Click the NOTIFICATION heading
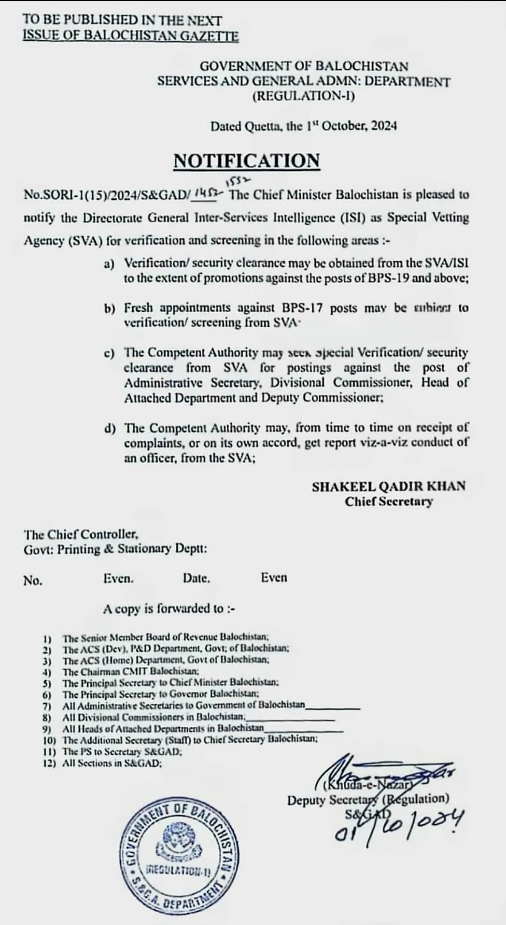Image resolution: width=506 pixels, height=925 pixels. click(247, 161)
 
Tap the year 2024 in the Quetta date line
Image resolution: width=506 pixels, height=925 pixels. click(384, 126)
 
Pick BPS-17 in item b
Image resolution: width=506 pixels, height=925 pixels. click(302, 308)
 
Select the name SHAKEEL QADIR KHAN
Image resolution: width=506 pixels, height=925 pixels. click(388, 487)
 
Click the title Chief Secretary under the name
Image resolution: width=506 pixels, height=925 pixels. click(388, 502)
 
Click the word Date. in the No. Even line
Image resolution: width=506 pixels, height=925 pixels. click(196, 578)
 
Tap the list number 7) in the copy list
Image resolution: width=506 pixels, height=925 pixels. click(47, 706)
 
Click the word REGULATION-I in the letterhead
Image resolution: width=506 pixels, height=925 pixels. click(304, 96)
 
